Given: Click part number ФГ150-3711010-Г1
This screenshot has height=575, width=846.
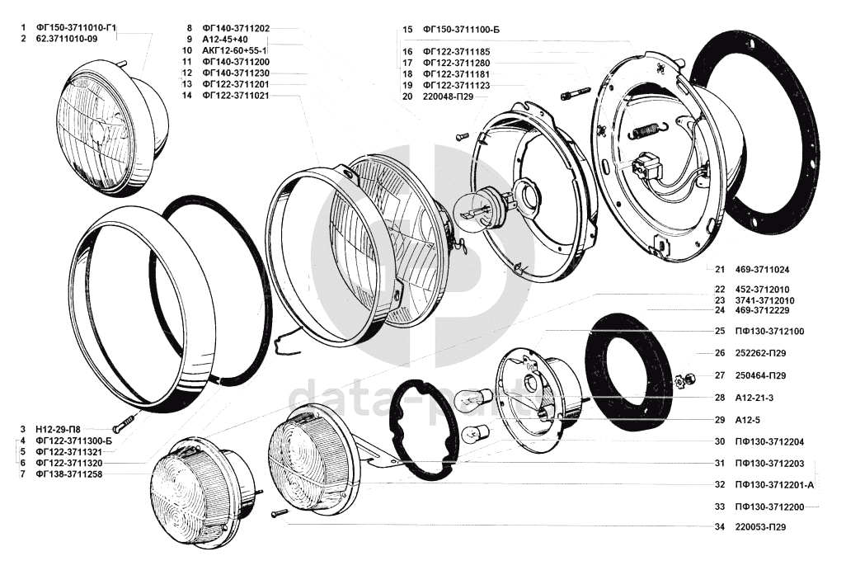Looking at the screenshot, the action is [76, 27].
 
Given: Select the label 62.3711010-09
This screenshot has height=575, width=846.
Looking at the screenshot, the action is [67, 39].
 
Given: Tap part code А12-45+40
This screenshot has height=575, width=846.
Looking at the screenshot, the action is [225, 40].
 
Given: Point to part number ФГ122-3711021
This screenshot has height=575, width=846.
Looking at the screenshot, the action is [236, 96].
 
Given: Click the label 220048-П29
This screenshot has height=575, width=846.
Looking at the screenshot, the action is [449, 97].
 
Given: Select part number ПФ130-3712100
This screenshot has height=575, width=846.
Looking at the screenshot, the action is [769, 331].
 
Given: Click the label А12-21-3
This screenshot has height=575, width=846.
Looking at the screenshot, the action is [754, 398].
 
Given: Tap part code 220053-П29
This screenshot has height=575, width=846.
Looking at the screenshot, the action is [760, 527].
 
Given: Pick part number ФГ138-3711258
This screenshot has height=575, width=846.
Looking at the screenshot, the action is [69, 474].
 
